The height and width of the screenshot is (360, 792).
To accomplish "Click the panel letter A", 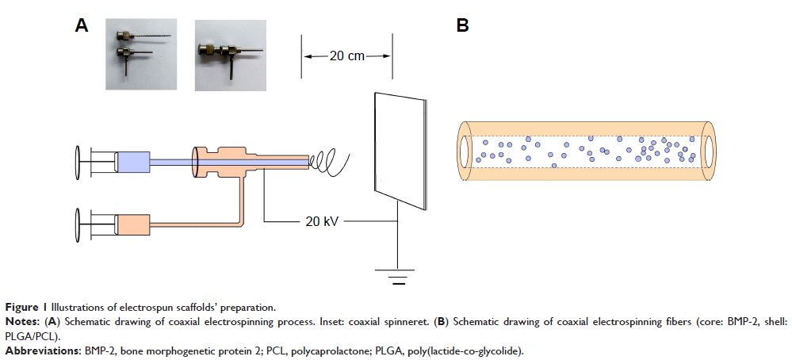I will pos(82,26).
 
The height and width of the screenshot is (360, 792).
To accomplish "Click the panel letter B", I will pos(463,26).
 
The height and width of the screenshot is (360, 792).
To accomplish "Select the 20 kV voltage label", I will pos(322,222).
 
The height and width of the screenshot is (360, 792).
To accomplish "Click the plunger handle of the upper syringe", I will pos(78,162).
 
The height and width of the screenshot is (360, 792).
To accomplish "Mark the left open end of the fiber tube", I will pos(463,150).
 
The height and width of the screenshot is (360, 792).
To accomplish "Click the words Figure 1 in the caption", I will pos(22,307).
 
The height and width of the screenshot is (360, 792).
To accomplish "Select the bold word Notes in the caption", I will pos(20,321).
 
